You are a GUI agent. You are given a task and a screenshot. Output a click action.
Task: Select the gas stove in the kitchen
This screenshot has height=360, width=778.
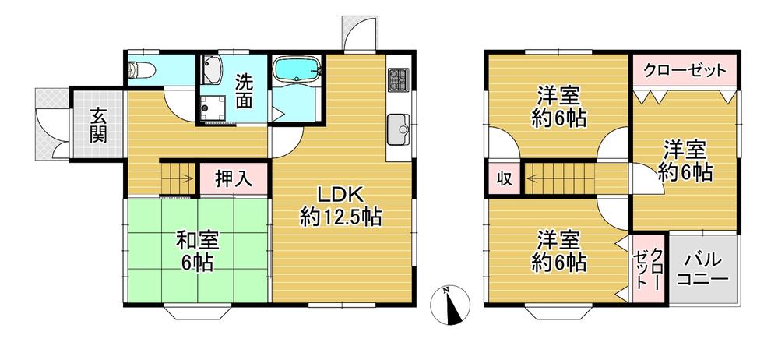tap(399, 79)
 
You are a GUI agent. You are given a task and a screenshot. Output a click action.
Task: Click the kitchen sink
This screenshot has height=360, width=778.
tap(399, 127)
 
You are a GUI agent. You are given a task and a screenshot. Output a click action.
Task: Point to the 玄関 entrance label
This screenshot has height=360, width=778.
tap(98, 124)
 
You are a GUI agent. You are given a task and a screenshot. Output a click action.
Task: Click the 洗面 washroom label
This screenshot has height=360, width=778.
tap(244, 90)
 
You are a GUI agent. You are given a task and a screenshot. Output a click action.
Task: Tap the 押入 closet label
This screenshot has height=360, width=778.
tap(234, 178)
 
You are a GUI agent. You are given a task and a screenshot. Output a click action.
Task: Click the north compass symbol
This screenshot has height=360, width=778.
tap(450, 302)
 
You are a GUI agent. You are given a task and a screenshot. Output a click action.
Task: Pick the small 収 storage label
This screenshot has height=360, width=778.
tap(503, 178)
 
